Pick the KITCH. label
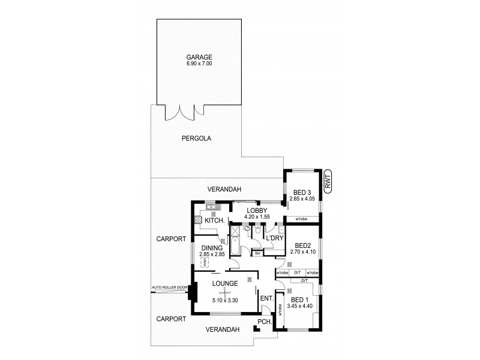click(214, 221)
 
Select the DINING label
click(212, 248)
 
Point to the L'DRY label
click(274, 238)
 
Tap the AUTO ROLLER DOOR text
click(170, 287)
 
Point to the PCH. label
click(265, 322)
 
